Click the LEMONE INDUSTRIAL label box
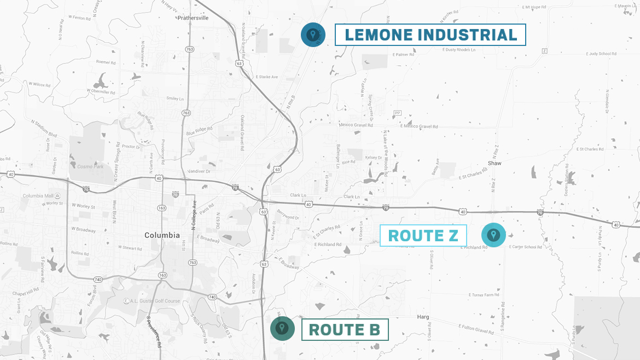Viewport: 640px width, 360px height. [x=430, y=35]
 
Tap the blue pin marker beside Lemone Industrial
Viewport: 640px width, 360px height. [x=313, y=35]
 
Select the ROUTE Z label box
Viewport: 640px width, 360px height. [x=423, y=236]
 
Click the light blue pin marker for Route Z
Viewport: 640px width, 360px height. [x=493, y=235]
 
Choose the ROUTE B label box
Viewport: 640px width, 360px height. [x=345, y=330]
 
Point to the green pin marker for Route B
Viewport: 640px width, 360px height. [x=282, y=328]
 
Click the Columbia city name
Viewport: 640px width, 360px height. [x=162, y=235]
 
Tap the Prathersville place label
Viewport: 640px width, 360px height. [x=193, y=18]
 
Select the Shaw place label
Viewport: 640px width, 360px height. [x=494, y=164]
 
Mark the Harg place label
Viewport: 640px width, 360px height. [x=423, y=317]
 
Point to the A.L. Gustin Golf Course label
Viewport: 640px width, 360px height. [x=152, y=301]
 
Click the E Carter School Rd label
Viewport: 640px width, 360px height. [x=525, y=247]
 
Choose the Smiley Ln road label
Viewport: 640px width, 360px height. [x=176, y=98]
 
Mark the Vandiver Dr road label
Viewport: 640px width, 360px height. [x=199, y=171]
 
